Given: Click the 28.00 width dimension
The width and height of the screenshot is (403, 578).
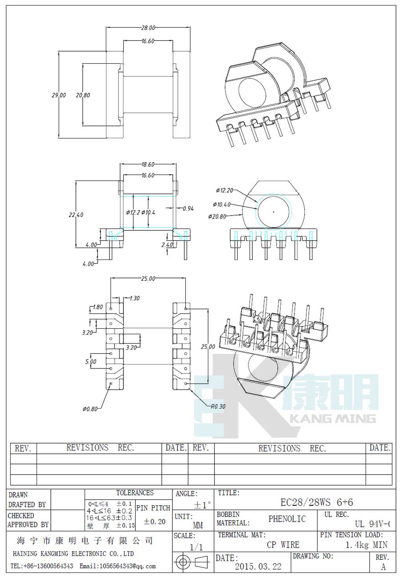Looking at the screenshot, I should [148, 28].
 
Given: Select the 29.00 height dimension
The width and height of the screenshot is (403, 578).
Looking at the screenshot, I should [59, 95].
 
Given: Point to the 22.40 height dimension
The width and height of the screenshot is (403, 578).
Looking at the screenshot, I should [76, 215].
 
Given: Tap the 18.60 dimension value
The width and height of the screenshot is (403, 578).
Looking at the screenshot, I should [148, 164].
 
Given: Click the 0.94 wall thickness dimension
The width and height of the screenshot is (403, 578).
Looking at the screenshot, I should [188, 208].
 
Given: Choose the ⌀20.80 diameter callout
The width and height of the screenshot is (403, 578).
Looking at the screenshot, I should [217, 216].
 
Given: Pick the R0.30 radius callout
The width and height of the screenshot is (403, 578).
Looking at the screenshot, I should [218, 406].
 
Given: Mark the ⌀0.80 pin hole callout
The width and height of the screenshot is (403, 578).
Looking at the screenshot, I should [90, 409].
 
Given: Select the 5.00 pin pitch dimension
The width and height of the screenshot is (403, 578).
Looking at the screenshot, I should [91, 361].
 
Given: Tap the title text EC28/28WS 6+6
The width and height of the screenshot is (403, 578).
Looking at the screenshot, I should [316, 502].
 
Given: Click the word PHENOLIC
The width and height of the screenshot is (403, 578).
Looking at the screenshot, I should [287, 519].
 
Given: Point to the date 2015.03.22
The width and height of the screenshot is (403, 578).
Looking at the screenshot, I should [258, 566].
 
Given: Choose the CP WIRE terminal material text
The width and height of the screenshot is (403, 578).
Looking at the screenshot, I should [283, 545].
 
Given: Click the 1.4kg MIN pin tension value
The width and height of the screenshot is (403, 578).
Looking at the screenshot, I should [366, 545].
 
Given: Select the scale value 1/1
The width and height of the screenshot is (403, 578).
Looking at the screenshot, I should [196, 547].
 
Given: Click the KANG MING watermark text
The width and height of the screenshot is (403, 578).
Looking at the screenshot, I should [333, 418].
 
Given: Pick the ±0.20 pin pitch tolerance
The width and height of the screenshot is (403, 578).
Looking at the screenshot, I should [154, 521].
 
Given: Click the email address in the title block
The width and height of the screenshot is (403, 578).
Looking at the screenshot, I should [118, 566].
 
